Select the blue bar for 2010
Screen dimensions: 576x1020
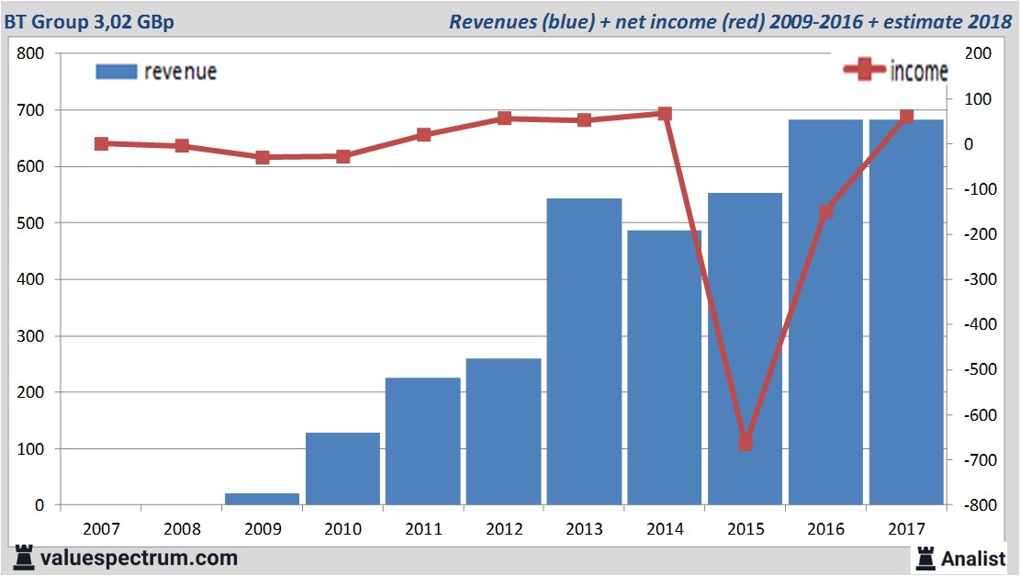point(342,469)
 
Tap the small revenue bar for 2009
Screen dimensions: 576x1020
point(262,499)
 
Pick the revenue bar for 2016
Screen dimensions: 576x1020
point(825,312)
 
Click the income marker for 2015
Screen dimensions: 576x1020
point(745,444)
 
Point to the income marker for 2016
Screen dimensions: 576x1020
point(826,211)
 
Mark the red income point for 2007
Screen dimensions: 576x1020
point(101,143)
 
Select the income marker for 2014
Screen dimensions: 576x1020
point(665,114)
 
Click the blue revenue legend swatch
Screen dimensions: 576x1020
point(116,72)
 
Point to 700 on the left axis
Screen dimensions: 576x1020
point(31,110)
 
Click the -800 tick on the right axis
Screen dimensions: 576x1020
point(974,505)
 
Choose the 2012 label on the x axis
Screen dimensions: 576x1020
point(504,529)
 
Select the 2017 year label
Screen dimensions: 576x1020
point(906,529)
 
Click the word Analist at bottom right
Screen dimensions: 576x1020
point(974,558)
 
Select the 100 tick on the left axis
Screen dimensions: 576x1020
point(31,449)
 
